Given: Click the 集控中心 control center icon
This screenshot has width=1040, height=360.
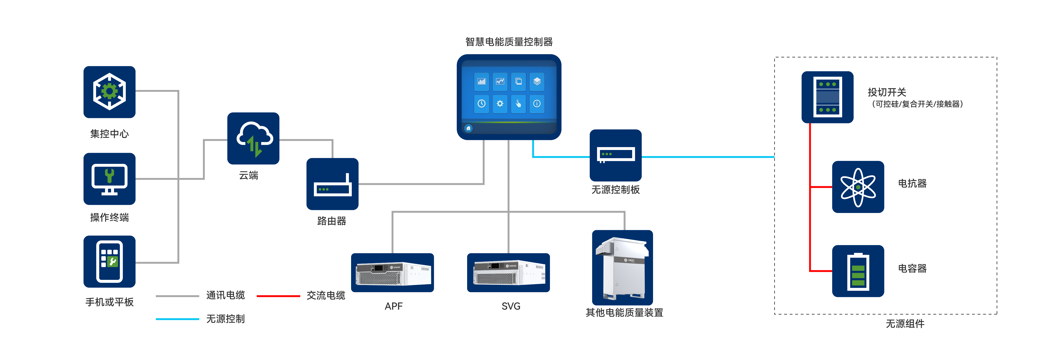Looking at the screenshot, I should [x=109, y=92].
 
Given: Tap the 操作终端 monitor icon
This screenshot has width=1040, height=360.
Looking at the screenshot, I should [x=109, y=179].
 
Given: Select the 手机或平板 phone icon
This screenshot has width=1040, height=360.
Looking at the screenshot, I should [x=109, y=261].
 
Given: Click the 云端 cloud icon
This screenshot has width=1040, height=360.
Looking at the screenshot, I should [x=253, y=138].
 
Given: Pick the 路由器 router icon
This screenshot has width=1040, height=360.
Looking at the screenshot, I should [x=332, y=184].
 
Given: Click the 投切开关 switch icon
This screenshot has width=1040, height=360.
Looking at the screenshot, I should [x=827, y=97].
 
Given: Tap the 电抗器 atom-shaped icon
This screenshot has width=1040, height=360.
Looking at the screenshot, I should [x=858, y=187].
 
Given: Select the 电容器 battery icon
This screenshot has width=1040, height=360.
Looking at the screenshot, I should [x=858, y=271].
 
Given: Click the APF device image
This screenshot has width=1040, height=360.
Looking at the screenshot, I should [x=392, y=273].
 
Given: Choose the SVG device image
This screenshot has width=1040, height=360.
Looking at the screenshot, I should [x=508, y=273].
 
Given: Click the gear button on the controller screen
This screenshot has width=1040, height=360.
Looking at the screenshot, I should [x=500, y=104].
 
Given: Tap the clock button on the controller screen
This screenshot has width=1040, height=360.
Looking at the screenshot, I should [x=481, y=104].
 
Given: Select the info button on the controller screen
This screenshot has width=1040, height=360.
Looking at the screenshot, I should [x=537, y=104].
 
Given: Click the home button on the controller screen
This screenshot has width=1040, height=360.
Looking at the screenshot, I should [x=468, y=128].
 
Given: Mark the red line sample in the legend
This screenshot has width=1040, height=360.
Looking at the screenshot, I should [x=278, y=296].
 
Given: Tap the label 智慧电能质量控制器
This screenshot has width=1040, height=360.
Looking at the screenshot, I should [x=509, y=42].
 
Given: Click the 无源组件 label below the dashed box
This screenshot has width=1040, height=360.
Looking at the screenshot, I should [x=905, y=324].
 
